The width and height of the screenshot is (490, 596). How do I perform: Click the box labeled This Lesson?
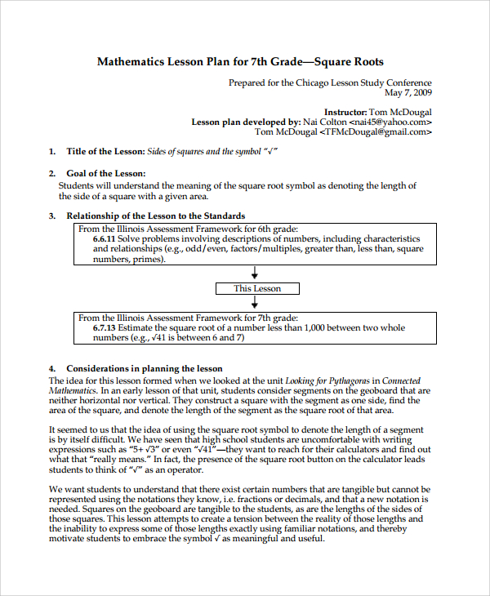point(257,288)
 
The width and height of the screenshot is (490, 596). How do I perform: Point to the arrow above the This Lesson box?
point(256,273)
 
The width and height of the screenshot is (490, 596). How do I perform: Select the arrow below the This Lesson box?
point(256,303)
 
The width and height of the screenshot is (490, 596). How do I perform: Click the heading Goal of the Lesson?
point(106,173)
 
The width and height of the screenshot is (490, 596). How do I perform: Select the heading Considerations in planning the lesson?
point(144,369)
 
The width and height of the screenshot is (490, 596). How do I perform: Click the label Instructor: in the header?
point(345,112)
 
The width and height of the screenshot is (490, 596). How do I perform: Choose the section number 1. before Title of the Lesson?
point(52,152)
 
